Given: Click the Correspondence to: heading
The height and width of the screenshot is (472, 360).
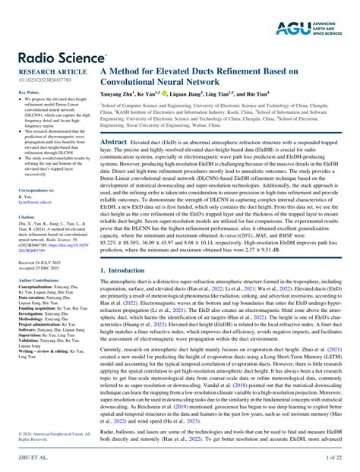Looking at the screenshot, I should (x=35, y=190).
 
